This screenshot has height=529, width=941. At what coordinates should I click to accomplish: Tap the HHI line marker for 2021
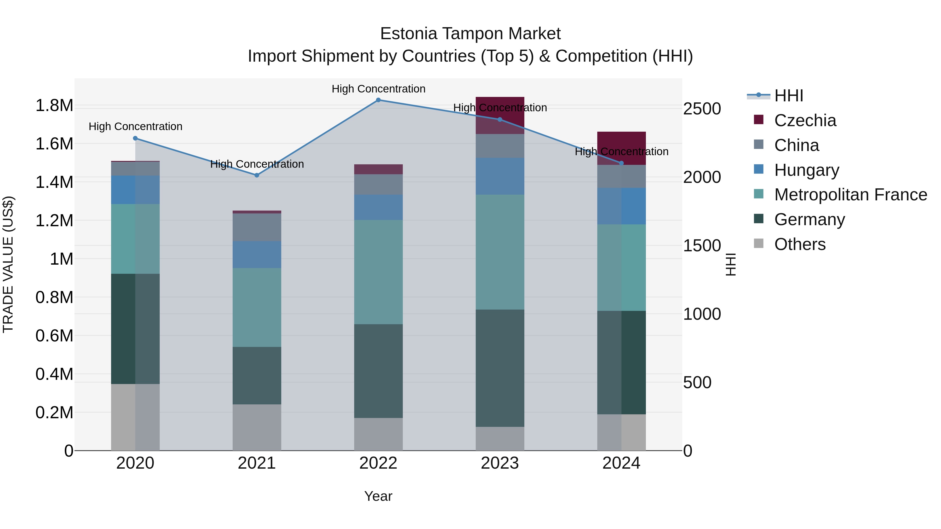click(x=257, y=175)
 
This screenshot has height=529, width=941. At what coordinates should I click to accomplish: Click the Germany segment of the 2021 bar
click(x=257, y=375)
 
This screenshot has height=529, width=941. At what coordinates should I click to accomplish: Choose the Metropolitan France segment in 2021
click(x=257, y=307)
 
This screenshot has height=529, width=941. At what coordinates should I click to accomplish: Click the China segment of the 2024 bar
click(x=621, y=176)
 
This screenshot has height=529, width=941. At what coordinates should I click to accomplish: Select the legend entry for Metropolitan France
click(x=850, y=195)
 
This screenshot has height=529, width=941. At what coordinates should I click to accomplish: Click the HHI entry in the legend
click(x=788, y=96)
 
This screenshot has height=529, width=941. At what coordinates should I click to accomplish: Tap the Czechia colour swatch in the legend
click(x=759, y=120)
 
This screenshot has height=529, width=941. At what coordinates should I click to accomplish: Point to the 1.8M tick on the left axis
click(x=54, y=106)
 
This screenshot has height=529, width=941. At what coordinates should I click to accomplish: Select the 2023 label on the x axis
click(x=500, y=463)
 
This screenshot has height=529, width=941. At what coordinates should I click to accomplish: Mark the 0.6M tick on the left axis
click(x=54, y=335)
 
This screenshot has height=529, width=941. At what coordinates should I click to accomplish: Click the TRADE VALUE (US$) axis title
click(x=8, y=264)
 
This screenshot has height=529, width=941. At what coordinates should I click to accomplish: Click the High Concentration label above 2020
click(x=135, y=127)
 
